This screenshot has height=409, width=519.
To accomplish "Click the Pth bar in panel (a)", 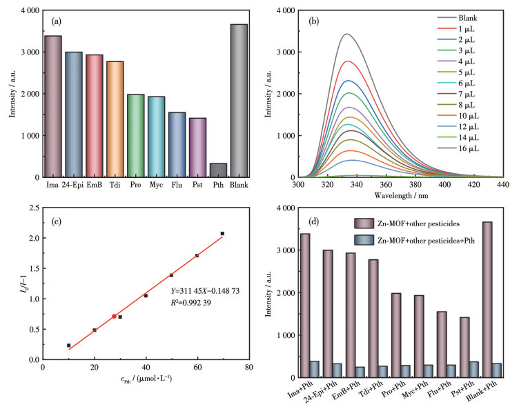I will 218,170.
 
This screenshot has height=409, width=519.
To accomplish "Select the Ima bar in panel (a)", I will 52,107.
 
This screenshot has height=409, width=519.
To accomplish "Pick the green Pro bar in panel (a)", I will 135,136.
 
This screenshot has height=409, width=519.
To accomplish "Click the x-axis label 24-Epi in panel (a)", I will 73,185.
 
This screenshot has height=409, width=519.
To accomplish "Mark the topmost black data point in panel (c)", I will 222,234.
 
